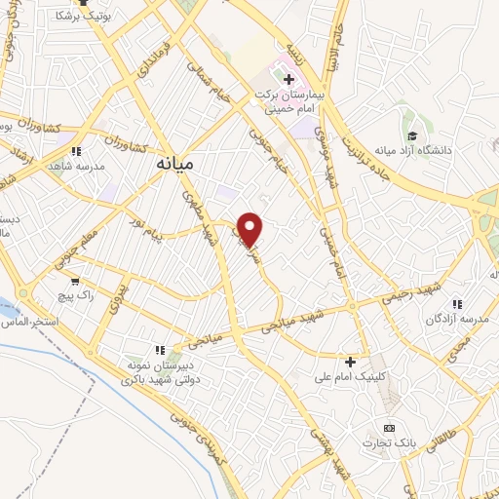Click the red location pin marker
click(251, 229)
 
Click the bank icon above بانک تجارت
click(390, 428)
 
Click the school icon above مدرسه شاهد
click(77, 151)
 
